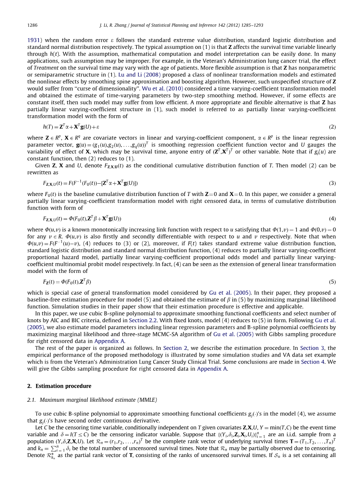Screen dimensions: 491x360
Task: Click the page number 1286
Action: [x=32, y=25]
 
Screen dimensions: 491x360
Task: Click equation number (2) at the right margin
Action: [x=332, y=127]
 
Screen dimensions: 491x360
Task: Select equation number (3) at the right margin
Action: [x=332, y=183]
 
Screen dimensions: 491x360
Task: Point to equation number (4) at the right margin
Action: [x=332, y=219]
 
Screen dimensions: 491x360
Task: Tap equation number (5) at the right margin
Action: [x=332, y=282]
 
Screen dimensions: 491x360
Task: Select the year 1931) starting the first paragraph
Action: [x=34, y=40]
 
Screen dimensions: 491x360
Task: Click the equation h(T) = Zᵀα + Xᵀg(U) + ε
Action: [x=71, y=127]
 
